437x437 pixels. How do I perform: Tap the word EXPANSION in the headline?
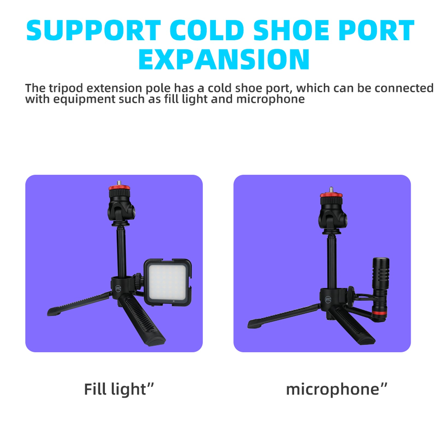tap(224, 59)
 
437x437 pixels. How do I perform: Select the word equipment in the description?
tap(84, 99)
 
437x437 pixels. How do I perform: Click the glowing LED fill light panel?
tap(167, 282)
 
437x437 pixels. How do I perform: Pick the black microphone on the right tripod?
tap(380, 290)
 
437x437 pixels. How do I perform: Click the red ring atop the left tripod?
tap(119, 188)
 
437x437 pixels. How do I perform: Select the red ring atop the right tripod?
tap(331, 195)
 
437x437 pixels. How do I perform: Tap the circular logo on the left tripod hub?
tap(118, 288)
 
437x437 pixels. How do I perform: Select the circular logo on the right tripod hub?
tap(328, 300)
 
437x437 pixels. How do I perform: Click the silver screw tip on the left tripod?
tap(119, 182)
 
